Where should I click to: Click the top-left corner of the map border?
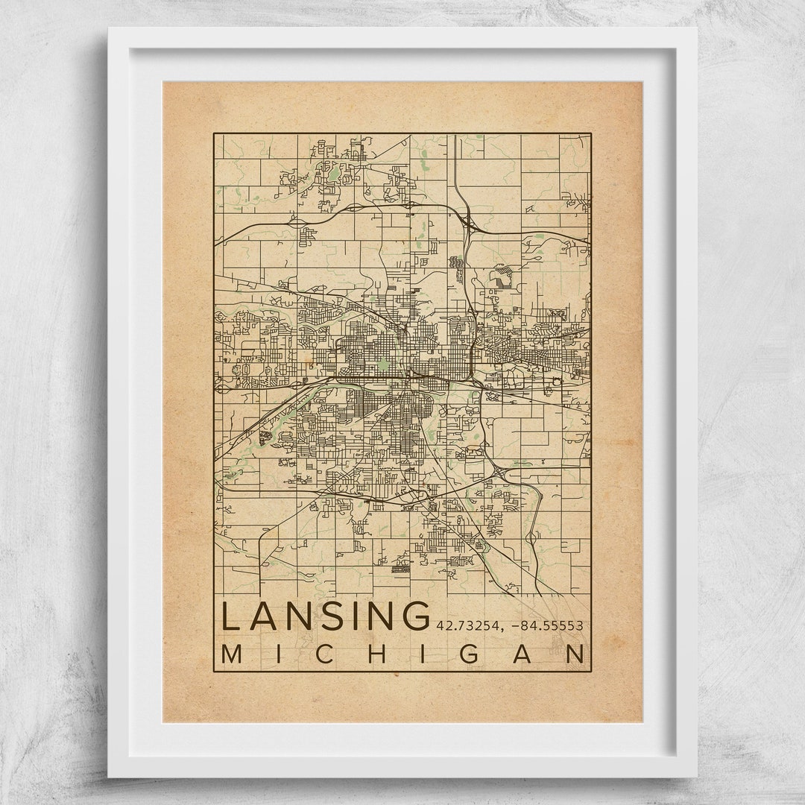tap(214, 134)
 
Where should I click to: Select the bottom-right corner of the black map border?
tap(591, 672)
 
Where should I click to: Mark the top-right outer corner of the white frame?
tap(697, 28)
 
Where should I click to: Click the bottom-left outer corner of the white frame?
tap(108, 777)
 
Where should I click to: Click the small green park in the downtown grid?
tap(382, 364)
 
